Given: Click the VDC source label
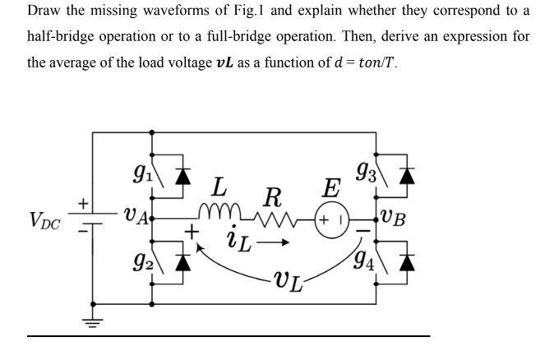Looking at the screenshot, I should [44, 220].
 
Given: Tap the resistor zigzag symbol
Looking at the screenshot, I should [276, 218].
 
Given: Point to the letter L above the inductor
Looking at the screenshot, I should [220, 186].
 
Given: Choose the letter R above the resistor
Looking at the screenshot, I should [273, 197].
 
